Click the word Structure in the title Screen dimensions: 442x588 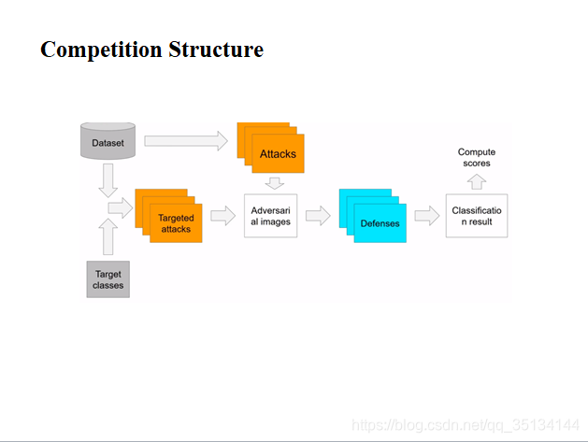216,50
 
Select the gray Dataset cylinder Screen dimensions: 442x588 108,143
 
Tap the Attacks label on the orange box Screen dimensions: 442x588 278,153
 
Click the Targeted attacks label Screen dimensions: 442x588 176,223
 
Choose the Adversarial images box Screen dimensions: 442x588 271,216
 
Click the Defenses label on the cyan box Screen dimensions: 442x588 380,223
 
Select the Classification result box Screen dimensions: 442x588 477,216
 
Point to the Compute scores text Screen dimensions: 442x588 477,157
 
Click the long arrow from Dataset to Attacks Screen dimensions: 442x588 186,141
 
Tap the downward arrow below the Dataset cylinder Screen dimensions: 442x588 108,179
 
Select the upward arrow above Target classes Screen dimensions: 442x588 108,236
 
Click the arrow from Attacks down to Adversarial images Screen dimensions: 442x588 275,182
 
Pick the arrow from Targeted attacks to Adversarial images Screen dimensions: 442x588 222,217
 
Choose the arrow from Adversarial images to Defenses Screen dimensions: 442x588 318,217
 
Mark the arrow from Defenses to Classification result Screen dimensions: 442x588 426,217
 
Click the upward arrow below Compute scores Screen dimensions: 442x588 477,180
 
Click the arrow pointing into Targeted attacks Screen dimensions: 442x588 121,208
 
